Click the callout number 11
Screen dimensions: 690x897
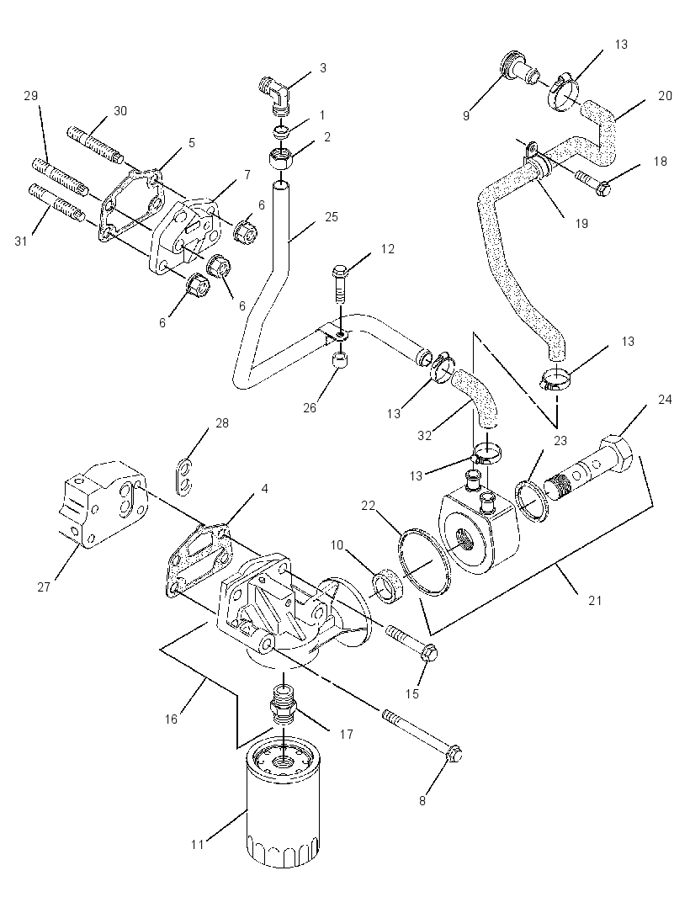(198, 844)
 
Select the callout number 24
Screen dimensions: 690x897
(665, 399)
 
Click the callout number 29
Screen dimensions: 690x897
(30, 96)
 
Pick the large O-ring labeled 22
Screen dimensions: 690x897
(423, 562)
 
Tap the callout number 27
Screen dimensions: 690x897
(44, 587)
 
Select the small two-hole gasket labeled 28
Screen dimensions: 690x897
(184, 476)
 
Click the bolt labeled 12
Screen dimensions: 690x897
(339, 284)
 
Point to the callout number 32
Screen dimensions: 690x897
(424, 435)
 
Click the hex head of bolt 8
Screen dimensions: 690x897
(453, 756)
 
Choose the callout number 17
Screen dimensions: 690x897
(346, 734)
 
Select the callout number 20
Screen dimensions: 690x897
(665, 96)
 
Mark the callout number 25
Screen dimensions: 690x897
(332, 217)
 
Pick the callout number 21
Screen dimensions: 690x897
(595, 600)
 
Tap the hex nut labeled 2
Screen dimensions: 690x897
(280, 157)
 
